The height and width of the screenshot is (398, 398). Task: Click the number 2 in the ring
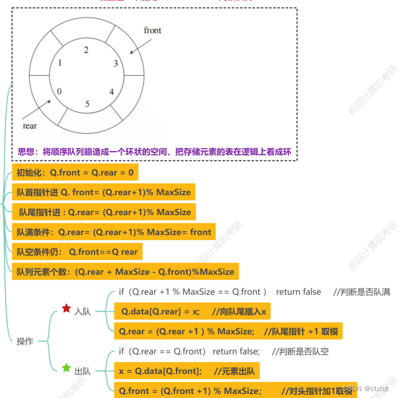[x=86, y=50]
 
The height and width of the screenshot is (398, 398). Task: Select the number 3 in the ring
[x=115, y=63]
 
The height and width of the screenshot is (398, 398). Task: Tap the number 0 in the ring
[x=59, y=91]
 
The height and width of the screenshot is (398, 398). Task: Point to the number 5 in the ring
[x=87, y=104]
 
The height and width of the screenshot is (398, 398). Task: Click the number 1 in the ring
[x=60, y=63]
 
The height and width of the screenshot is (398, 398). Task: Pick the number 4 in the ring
[x=111, y=91]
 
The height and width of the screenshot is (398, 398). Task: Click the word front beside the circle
[x=152, y=30]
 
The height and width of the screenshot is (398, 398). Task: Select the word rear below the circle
[x=29, y=126]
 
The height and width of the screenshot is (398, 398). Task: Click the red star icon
[x=66, y=308]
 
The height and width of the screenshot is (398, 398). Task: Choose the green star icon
[x=66, y=368]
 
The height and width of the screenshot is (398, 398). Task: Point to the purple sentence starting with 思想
[x=154, y=152]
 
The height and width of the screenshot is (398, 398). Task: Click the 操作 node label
[x=24, y=341]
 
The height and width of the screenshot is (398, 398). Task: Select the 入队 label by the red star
[x=82, y=312]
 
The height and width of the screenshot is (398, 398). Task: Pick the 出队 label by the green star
[x=82, y=371]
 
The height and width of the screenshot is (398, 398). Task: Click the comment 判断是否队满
[x=367, y=292]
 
